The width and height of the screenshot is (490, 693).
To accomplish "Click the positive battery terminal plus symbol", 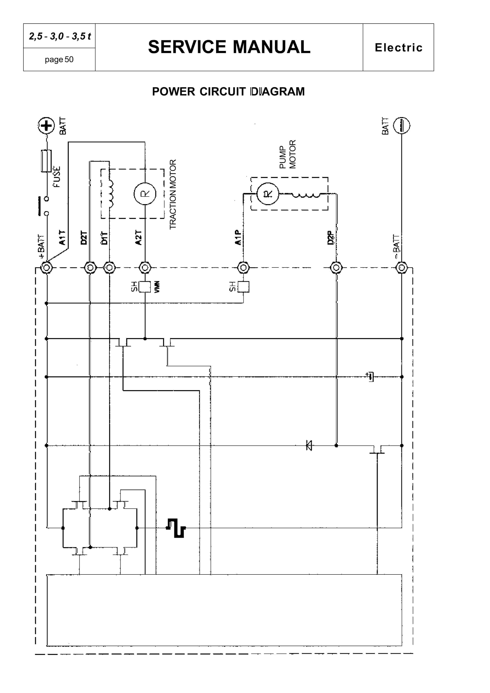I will (46, 126).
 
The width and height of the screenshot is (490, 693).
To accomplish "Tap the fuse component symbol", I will (46, 161).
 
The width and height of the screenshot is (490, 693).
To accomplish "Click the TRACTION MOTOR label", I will (173, 194).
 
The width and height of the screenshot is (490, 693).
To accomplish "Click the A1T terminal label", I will (62, 237).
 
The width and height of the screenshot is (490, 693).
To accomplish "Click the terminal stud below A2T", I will (145, 267).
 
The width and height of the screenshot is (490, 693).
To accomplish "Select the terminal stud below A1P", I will (243, 267).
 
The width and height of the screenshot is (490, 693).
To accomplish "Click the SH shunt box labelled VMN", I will (145, 287).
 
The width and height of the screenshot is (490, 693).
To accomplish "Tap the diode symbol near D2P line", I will (309, 445).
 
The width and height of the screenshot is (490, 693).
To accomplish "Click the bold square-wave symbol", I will (176, 528).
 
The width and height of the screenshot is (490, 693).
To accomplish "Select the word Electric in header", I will (398, 47).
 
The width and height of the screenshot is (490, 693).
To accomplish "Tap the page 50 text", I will (59, 59).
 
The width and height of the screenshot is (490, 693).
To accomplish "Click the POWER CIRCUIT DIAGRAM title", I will (228, 91).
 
